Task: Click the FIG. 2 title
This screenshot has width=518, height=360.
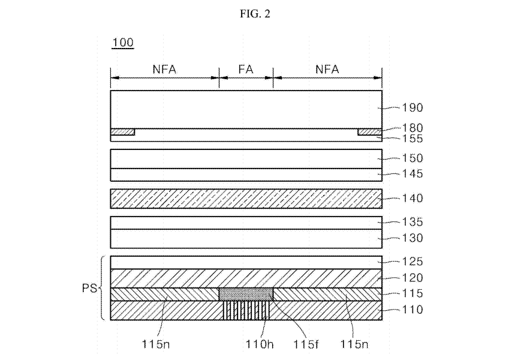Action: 258,14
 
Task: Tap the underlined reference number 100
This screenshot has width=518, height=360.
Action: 122,43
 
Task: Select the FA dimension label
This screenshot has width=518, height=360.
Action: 246,69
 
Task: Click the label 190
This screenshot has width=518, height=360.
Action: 412,108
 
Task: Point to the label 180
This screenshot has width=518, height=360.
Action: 412,127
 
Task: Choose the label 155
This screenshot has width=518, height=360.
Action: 412,139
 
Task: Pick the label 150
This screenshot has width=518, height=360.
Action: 412,158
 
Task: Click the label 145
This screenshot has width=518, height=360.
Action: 412,174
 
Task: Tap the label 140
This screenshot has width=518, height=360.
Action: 412,198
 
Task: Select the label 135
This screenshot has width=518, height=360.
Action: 412,222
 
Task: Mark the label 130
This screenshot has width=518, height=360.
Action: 412,238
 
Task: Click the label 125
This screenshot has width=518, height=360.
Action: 412,262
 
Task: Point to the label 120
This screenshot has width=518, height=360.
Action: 412,278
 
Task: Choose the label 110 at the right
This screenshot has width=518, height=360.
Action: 412,310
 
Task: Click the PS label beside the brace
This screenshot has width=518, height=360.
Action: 89,289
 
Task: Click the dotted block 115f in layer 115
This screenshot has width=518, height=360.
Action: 246,294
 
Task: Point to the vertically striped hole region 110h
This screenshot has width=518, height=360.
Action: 246,310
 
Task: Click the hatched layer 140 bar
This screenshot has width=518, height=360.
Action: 246,199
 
